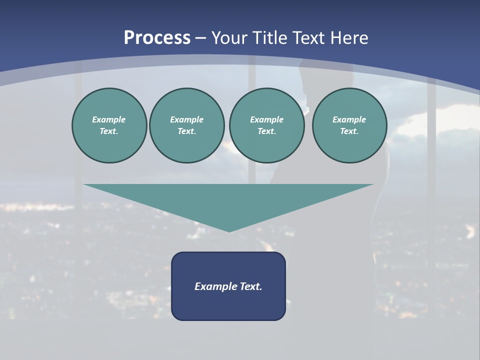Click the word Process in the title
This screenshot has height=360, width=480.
coord(157,38)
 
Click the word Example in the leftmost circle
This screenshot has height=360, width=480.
coord(109,119)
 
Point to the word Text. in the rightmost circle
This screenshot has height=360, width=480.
coord(349,131)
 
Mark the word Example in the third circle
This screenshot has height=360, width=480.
coord(266,119)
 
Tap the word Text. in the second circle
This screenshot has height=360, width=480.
coord(186,131)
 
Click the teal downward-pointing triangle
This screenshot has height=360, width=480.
coord(228,200)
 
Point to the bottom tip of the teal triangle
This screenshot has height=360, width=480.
coord(229,230)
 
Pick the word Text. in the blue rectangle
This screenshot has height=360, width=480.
coord(251,286)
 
